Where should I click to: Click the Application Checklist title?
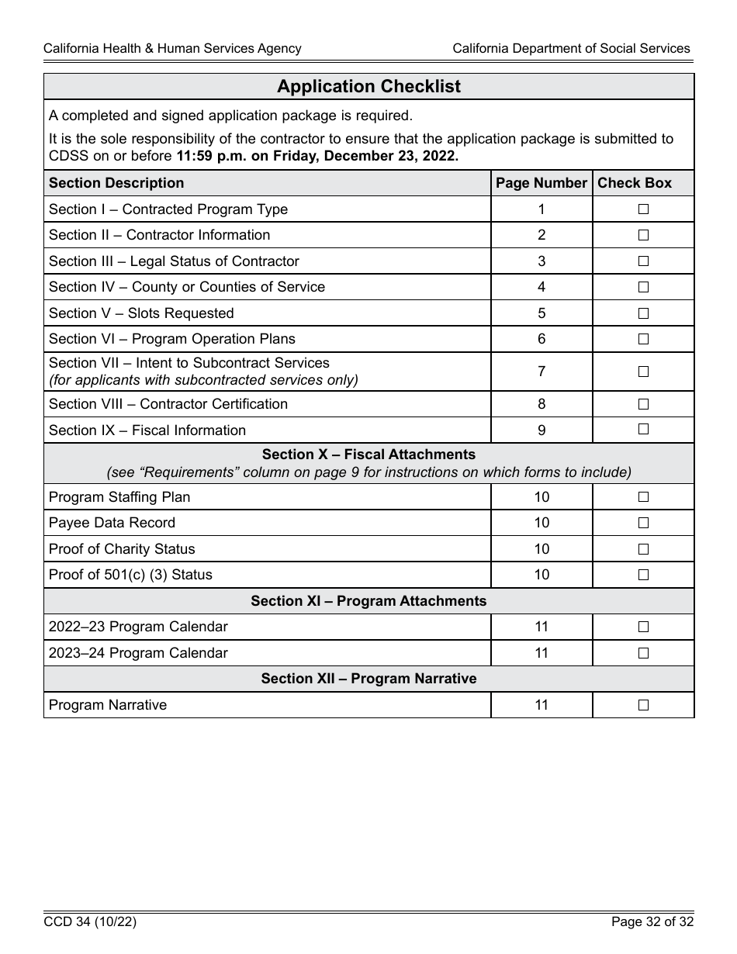tap(368, 87)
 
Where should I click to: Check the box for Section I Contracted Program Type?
tap(643, 209)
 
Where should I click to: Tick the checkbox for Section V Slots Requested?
tap(643, 313)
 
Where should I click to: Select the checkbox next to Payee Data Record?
tap(643, 523)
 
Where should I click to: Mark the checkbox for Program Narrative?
tap(643, 705)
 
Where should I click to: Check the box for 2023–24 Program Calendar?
tap(643, 653)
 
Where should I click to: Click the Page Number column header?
tap(541, 183)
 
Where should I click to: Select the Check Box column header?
tap(635, 183)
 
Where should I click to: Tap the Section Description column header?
tap(116, 183)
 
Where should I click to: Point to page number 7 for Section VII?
tap(542, 372)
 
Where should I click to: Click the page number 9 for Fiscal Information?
tap(542, 430)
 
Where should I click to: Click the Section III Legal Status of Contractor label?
tap(174, 261)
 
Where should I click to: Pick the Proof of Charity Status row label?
tap(122, 549)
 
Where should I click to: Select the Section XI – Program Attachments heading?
tap(368, 601)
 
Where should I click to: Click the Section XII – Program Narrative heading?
tap(368, 679)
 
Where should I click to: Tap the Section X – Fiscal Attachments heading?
tap(368, 455)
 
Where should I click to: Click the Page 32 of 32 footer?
tap(652, 922)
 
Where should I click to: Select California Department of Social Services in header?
tap(571, 48)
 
